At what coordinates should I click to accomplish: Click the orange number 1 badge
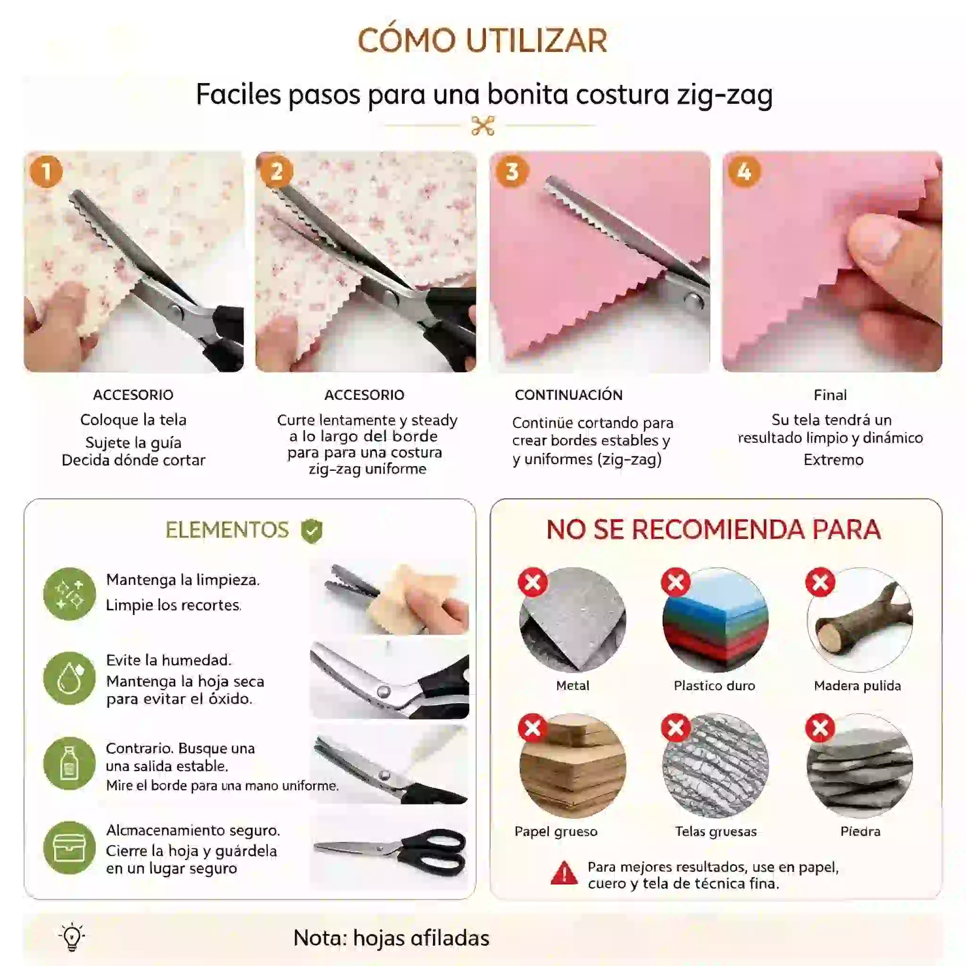click(46, 172)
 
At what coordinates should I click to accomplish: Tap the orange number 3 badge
click(511, 172)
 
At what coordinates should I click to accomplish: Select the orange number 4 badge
click(744, 172)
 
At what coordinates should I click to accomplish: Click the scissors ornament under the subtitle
click(483, 125)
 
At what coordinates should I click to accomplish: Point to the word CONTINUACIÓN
click(568, 395)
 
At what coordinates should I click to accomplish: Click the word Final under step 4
click(830, 395)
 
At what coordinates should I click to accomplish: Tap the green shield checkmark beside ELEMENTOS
click(311, 531)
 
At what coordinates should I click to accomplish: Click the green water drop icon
click(69, 678)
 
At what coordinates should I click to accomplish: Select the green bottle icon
click(69, 763)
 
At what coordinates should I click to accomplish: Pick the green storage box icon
click(69, 848)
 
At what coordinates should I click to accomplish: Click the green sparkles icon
click(69, 593)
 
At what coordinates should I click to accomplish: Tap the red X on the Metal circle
click(533, 582)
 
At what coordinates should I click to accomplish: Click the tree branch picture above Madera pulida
click(859, 620)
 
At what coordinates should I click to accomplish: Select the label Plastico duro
click(715, 685)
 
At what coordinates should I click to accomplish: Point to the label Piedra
click(860, 831)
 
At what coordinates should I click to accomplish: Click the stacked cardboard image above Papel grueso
click(573, 766)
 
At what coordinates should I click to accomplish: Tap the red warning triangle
click(564, 873)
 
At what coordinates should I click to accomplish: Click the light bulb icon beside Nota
click(72, 936)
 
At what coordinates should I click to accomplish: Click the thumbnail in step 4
click(832, 261)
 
